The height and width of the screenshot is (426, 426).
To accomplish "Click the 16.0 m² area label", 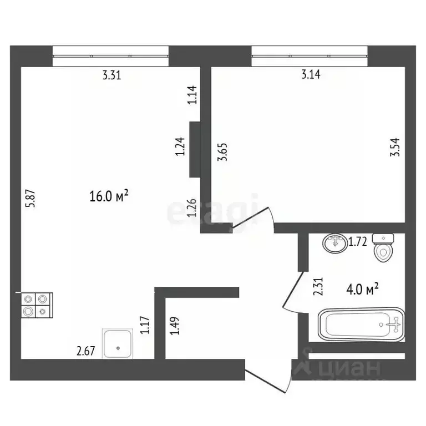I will (x=109, y=196).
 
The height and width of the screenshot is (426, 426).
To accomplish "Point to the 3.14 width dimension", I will (x=311, y=75).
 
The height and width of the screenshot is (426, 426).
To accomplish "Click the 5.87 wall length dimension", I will (x=32, y=199).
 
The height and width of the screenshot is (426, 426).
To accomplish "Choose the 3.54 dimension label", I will (x=395, y=148).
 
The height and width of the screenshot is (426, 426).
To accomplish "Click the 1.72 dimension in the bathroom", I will (x=358, y=241).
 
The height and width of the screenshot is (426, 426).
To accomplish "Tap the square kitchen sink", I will (x=118, y=343).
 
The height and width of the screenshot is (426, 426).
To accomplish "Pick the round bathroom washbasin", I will (x=334, y=242).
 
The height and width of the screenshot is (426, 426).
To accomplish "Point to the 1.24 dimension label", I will (x=180, y=147).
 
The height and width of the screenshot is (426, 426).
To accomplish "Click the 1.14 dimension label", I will (x=192, y=95).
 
